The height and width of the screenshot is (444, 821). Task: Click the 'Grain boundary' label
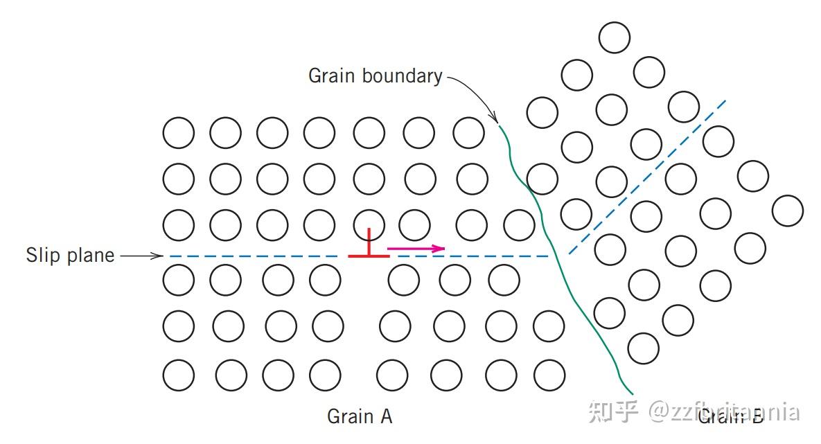pos(375,76)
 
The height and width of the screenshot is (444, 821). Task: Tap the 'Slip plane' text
pos(70,256)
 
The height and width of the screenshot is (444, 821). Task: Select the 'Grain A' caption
pos(360,416)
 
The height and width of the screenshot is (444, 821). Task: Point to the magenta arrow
pos(416,248)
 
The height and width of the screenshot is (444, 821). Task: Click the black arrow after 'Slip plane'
pos(141,256)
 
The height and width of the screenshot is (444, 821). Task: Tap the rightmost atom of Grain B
pos(787,211)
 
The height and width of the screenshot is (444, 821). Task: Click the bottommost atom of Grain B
pos(643,348)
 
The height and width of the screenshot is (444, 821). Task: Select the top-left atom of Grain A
pos(179,132)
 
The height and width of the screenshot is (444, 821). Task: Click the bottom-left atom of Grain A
pos(179,375)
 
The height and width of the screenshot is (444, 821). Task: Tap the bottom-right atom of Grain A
pos(549,375)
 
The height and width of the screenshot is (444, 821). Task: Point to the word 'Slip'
pos(42,256)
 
